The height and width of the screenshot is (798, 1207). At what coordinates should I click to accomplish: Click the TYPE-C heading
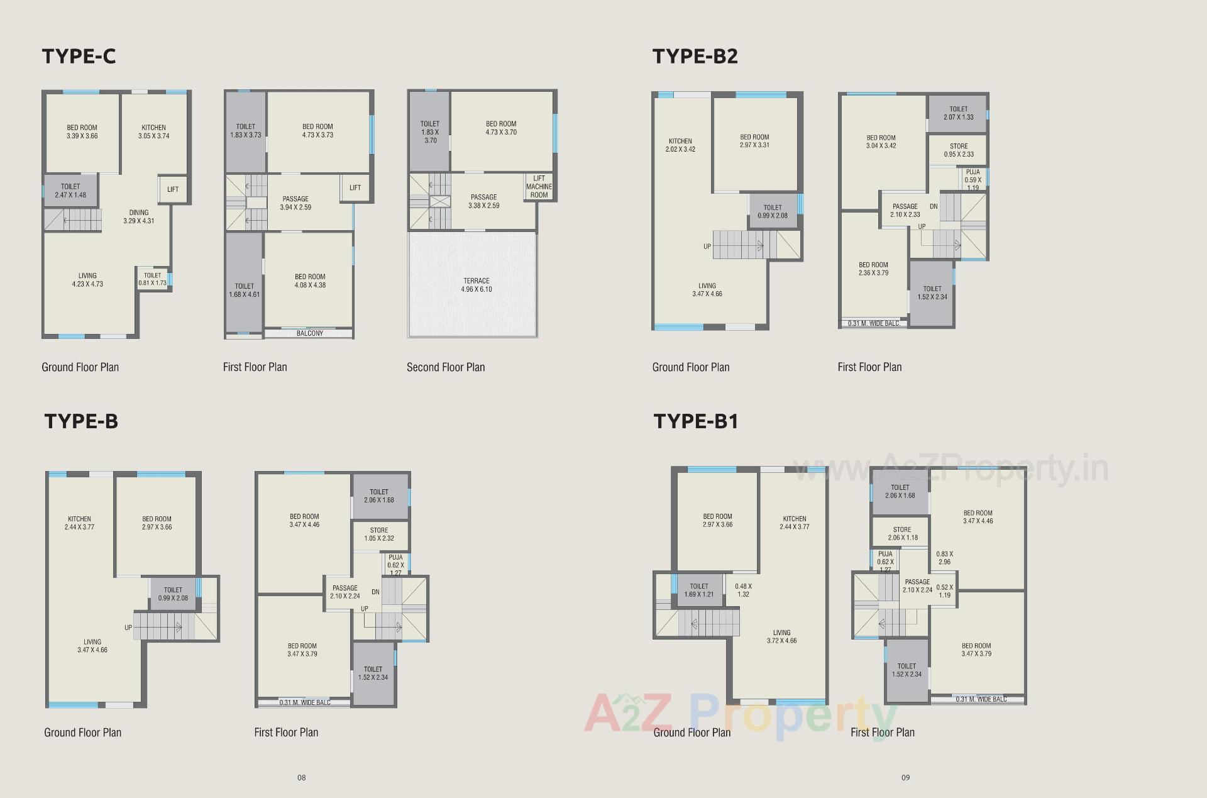[x=79, y=57]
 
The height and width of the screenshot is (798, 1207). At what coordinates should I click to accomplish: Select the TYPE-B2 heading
[x=695, y=57]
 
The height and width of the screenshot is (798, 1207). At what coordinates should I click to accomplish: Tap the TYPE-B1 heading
[x=696, y=421]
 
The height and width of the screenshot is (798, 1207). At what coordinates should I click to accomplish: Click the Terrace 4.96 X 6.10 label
[x=477, y=285]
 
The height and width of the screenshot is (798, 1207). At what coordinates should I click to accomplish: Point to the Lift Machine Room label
[x=539, y=187]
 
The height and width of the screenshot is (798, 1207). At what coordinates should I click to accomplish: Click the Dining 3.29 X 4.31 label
[x=139, y=217]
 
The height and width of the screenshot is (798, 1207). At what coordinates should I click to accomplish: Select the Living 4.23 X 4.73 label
[x=87, y=280]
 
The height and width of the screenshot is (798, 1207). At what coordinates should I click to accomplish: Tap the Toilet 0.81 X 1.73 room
[x=153, y=279]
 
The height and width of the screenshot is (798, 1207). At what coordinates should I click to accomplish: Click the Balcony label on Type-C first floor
[x=309, y=333]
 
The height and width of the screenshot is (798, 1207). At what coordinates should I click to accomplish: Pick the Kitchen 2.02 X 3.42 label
[x=680, y=145]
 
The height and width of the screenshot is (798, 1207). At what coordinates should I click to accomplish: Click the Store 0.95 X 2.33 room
[x=959, y=150]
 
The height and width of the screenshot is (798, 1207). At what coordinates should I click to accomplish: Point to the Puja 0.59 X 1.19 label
[x=973, y=179]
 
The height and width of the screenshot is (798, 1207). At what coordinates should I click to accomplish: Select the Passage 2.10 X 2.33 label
[x=905, y=210]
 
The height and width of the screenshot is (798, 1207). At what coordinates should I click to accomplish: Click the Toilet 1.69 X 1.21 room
[x=699, y=590]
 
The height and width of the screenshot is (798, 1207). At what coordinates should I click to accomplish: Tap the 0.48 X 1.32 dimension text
[x=744, y=590]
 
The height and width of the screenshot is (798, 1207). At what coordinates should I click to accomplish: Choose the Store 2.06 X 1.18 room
[x=902, y=533]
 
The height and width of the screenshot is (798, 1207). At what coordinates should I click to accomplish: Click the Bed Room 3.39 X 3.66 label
[x=82, y=131]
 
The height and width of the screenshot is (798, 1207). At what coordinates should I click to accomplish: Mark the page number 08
[x=302, y=777]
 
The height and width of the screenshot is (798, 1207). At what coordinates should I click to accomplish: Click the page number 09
[x=905, y=777]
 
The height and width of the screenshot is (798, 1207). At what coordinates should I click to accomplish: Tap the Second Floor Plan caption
[x=446, y=367]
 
